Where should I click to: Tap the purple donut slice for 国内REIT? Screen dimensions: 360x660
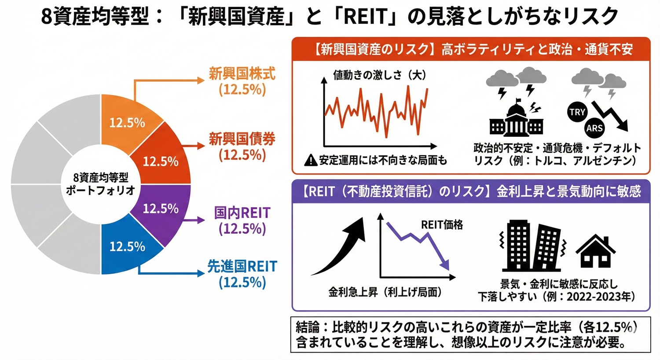(161, 209)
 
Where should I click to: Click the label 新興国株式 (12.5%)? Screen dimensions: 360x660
(242, 81)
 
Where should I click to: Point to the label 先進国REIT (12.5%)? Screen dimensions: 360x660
(242, 274)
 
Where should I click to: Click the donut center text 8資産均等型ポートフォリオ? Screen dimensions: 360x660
(101, 184)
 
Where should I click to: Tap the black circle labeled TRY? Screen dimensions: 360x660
(577, 112)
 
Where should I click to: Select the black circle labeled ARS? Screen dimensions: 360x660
(594, 128)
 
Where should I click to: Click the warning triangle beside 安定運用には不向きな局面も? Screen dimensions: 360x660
(311, 161)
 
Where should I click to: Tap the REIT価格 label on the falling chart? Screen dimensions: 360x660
(442, 225)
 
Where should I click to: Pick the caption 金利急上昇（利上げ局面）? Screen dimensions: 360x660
(385, 292)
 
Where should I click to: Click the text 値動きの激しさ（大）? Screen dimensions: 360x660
(379, 75)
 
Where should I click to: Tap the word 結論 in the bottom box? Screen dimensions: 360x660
(308, 327)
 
